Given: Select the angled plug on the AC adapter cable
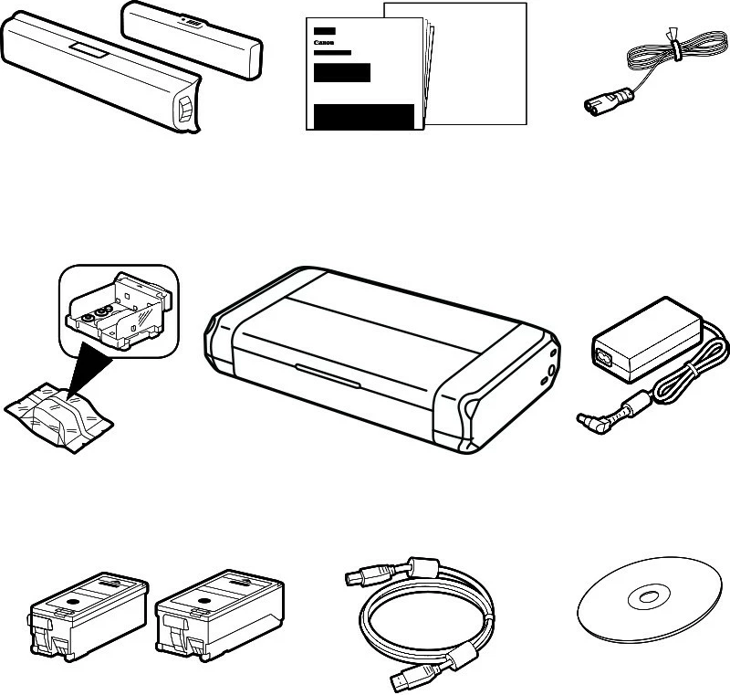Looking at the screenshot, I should tap(589, 419).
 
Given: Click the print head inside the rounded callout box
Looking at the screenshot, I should tap(113, 311).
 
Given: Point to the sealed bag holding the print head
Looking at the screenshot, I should tap(60, 412).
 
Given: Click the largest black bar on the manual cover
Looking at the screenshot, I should tap(363, 117).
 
